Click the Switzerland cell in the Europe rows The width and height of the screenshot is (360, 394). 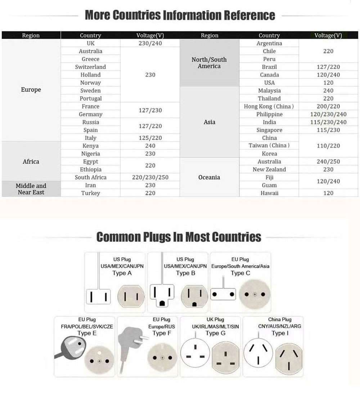click(x=90, y=67)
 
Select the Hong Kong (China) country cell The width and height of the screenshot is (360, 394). click(x=269, y=107)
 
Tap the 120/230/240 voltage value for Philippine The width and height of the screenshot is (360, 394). click(x=328, y=115)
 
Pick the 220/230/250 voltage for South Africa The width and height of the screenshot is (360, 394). click(x=150, y=178)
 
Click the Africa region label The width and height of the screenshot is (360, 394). click(x=31, y=162)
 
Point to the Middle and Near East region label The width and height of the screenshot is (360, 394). click(x=31, y=189)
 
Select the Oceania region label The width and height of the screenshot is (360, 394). click(x=209, y=178)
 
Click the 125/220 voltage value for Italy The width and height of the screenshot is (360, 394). click(x=150, y=138)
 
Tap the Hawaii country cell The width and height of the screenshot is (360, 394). click(x=269, y=193)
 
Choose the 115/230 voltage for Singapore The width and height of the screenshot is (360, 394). click(x=328, y=130)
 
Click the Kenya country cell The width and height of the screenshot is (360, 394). click(x=90, y=146)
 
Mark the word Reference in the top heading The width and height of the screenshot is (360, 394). click(x=249, y=15)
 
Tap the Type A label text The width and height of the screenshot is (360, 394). click(x=122, y=273)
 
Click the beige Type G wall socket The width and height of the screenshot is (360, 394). click(x=225, y=358)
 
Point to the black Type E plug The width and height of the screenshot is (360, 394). click(x=70, y=346)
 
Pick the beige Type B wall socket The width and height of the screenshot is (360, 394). click(x=195, y=296)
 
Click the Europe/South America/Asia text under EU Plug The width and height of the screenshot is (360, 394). click(x=240, y=266)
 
